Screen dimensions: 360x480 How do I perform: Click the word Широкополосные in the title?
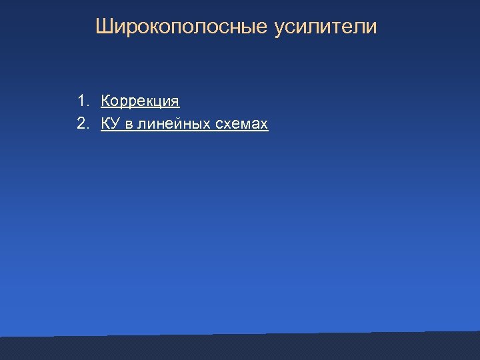(x=181, y=27)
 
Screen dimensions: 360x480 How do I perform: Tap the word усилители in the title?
(x=325, y=27)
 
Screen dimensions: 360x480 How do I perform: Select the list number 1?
(x=82, y=101)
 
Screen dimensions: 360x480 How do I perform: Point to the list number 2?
(x=82, y=123)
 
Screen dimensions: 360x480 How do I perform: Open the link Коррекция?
(x=140, y=101)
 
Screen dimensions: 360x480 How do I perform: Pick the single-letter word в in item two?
(x=128, y=124)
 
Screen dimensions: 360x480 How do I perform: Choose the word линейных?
(x=167, y=124)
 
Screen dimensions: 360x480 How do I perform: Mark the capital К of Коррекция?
(x=106, y=101)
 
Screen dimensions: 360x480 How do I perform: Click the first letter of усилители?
(x=278, y=29)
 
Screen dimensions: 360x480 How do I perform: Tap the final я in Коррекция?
(x=175, y=102)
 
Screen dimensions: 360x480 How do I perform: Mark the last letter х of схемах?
(x=265, y=125)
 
